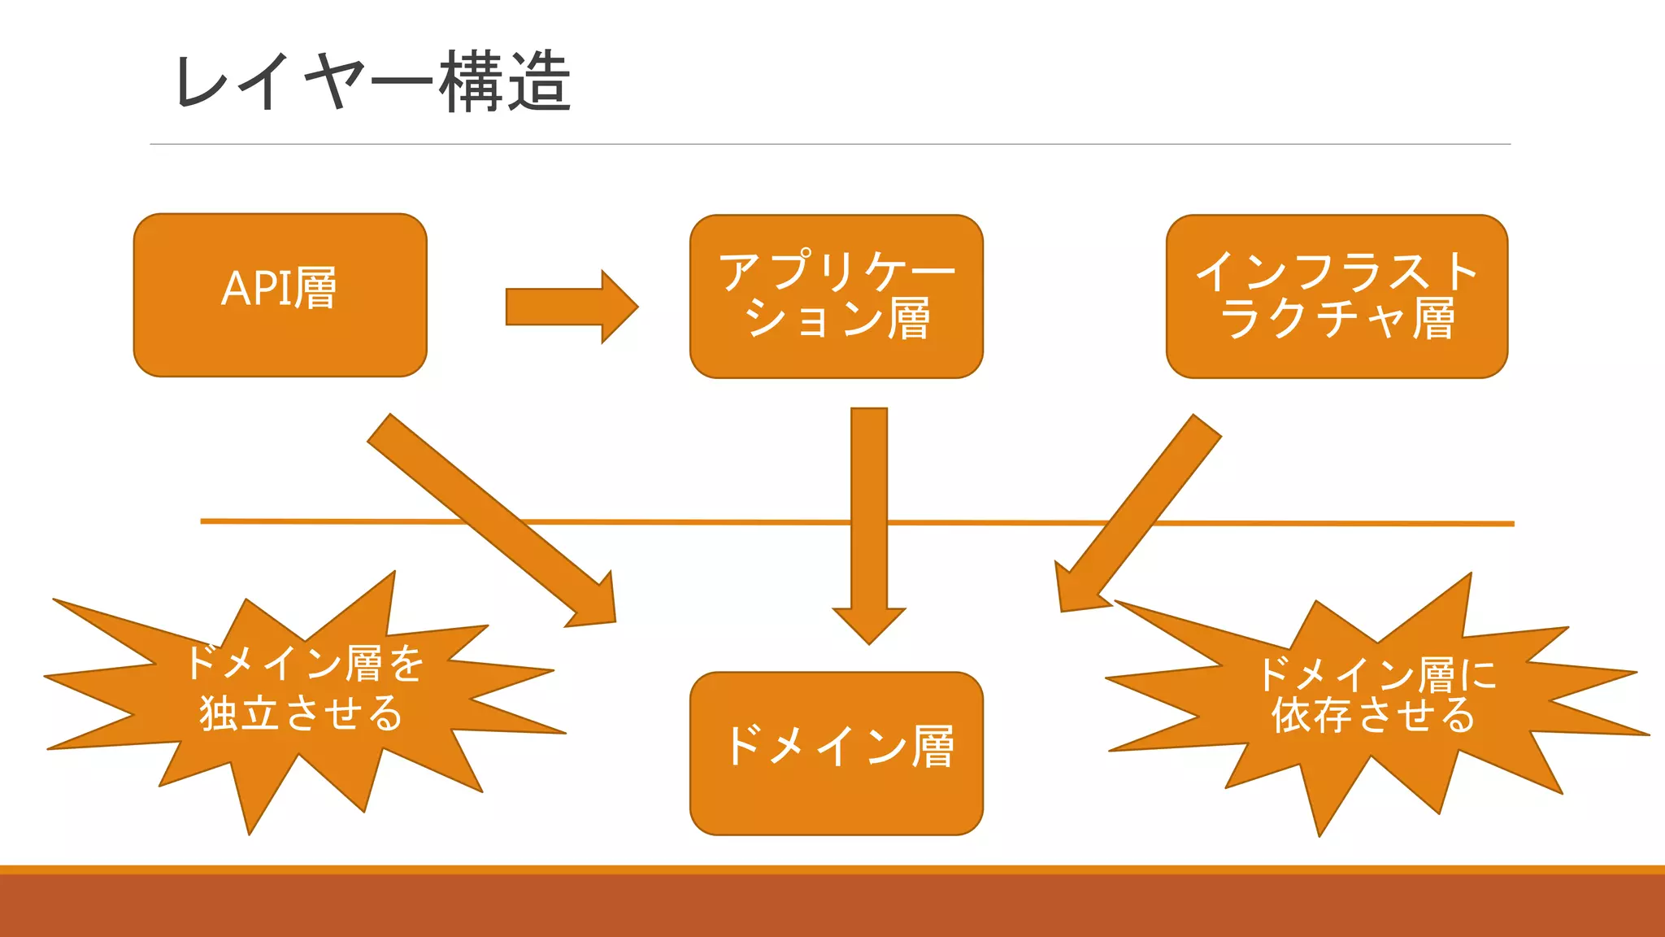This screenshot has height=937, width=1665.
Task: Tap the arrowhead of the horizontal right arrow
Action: click(x=619, y=307)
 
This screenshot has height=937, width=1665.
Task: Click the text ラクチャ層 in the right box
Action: click(x=1337, y=318)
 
